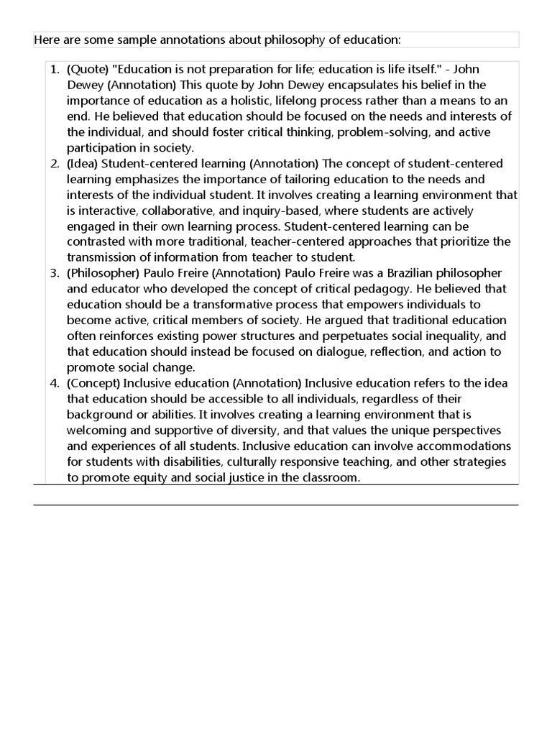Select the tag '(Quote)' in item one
(x=89, y=69)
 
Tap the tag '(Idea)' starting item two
(x=83, y=164)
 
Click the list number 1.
(x=54, y=69)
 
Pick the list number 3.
(x=54, y=273)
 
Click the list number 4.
(x=54, y=383)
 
